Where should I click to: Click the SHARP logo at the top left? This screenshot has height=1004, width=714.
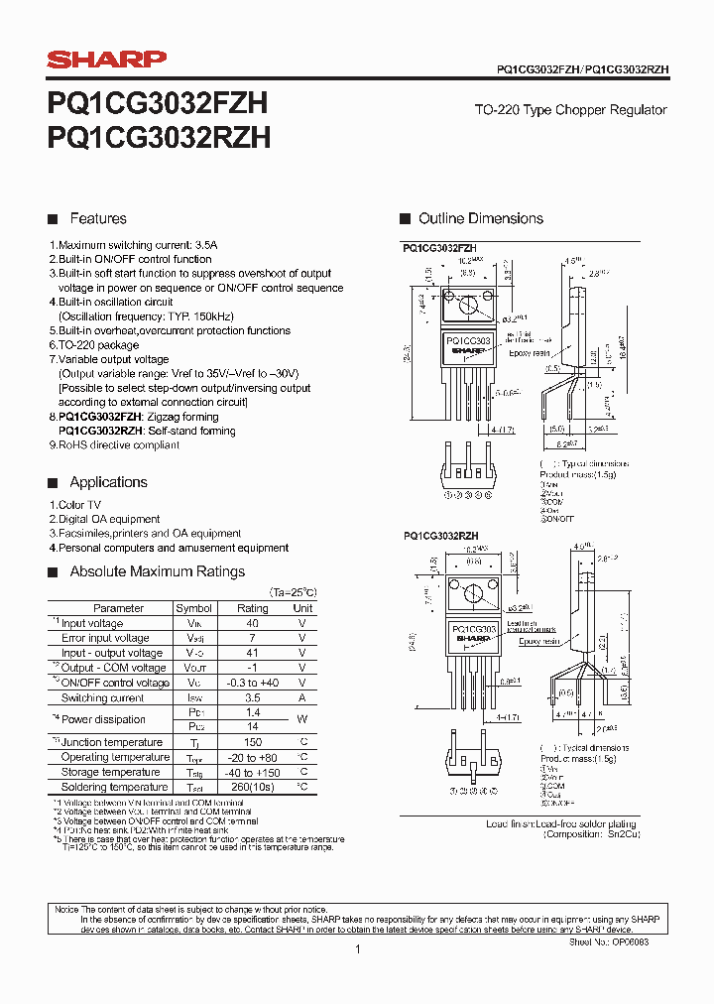[107, 61]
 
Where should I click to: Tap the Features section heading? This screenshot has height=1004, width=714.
[97, 218]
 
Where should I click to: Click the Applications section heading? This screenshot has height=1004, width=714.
[108, 482]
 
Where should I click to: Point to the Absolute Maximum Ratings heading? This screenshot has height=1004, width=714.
[157, 571]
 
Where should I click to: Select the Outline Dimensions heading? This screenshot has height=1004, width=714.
[480, 218]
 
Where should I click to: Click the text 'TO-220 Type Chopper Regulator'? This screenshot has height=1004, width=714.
[583, 110]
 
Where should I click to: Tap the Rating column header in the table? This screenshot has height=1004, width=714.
[253, 608]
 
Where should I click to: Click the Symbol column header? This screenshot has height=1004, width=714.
[193, 608]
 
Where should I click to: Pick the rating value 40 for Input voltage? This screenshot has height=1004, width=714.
[253, 623]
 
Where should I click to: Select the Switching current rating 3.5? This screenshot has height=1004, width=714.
[253, 698]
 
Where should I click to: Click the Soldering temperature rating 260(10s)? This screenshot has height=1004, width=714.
[253, 787]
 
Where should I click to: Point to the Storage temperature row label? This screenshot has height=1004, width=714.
[109, 772]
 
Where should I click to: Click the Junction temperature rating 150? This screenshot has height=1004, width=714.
[253, 742]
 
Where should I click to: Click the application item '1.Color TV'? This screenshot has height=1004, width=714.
[75, 505]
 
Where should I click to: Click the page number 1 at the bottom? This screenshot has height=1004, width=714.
[357, 949]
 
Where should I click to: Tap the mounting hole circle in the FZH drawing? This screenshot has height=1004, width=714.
[452, 298]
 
